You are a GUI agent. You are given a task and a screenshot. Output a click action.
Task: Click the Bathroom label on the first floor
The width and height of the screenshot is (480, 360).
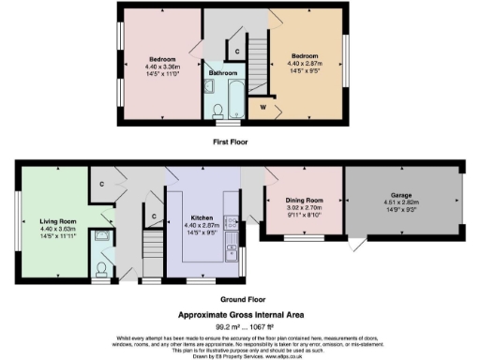pos(222,72)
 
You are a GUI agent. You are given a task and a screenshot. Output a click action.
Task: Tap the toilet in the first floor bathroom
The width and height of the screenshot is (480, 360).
pos(221,112)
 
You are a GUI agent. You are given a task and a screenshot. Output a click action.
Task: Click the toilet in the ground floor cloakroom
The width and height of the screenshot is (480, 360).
pos(102,267)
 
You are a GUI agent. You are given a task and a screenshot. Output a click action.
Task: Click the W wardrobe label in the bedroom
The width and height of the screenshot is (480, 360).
pos(262,107)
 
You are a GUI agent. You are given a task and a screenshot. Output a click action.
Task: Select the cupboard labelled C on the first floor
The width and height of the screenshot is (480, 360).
pos(237,51)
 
